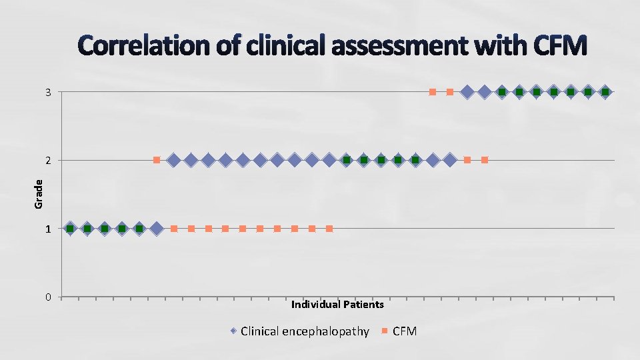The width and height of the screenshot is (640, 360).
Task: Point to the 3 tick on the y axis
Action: coord(48,92)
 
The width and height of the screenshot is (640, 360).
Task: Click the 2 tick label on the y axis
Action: coord(48,161)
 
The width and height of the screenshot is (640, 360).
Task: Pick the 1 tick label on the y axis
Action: coord(48,229)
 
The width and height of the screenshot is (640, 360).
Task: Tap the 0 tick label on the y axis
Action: coord(48,297)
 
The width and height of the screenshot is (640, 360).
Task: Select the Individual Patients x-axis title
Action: coord(337,305)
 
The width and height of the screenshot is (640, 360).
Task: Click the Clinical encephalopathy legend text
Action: coord(305,331)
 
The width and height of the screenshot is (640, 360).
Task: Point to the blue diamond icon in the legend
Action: coord(233,331)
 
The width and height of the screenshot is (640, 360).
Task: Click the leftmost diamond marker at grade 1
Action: coord(70,229)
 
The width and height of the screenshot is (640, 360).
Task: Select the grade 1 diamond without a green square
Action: coord(157,229)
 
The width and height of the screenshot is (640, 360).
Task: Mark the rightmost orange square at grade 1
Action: coord(329,229)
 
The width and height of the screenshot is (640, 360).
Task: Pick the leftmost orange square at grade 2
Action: coord(157,160)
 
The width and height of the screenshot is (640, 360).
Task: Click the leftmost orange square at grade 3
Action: coord(433,92)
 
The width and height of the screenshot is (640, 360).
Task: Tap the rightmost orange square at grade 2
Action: coord(485,160)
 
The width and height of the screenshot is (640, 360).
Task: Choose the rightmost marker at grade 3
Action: coord(605,92)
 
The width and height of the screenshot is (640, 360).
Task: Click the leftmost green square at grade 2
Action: coord(347,160)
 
